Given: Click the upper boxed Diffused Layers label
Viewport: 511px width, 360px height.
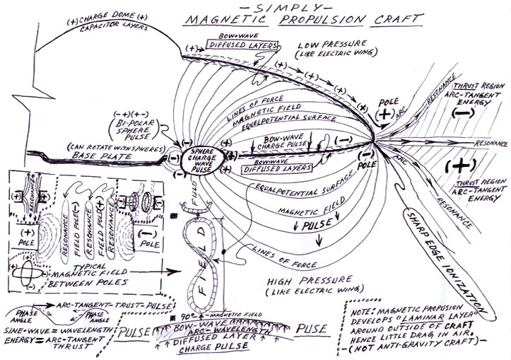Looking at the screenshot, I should pyautogui.click(x=233, y=45).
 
